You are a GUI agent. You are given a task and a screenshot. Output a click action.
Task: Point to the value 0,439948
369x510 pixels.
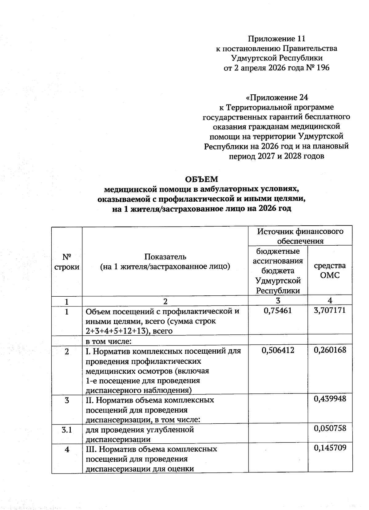pos(330,399)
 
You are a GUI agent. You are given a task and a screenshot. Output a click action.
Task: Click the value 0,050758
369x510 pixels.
pos(330,428)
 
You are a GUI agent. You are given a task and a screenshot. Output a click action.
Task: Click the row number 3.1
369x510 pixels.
pos(67,429)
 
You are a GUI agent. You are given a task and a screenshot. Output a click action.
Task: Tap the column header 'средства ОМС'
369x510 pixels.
pos(330,270)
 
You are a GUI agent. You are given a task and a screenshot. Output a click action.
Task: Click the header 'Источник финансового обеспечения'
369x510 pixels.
pos(300,236)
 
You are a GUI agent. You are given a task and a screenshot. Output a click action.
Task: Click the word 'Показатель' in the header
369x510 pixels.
pos(165,256)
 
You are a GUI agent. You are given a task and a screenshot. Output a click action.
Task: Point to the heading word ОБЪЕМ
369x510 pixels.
pos(201,179)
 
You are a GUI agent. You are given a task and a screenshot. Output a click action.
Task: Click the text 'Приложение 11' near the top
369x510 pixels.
pos(276,39)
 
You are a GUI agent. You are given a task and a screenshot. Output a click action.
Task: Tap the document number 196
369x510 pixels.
pos(322,68)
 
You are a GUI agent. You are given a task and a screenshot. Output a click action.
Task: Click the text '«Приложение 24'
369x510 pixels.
pos(276,97)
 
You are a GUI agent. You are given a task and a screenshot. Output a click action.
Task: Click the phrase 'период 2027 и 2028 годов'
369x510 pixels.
pos(276,156)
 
